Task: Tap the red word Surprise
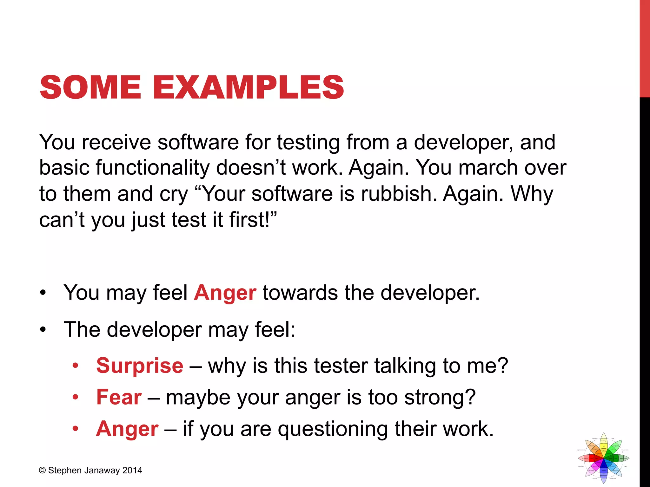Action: (x=140, y=366)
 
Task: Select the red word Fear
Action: (x=119, y=397)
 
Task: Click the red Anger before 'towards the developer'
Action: (x=225, y=292)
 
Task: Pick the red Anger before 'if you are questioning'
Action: (x=127, y=429)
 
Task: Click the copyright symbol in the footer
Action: (x=42, y=470)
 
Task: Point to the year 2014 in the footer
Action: (x=132, y=470)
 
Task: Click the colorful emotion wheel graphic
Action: (x=603, y=458)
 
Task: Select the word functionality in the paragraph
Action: (x=152, y=167)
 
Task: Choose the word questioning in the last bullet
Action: (x=333, y=429)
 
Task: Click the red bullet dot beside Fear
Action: (x=75, y=397)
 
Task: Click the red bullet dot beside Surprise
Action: (x=75, y=366)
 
